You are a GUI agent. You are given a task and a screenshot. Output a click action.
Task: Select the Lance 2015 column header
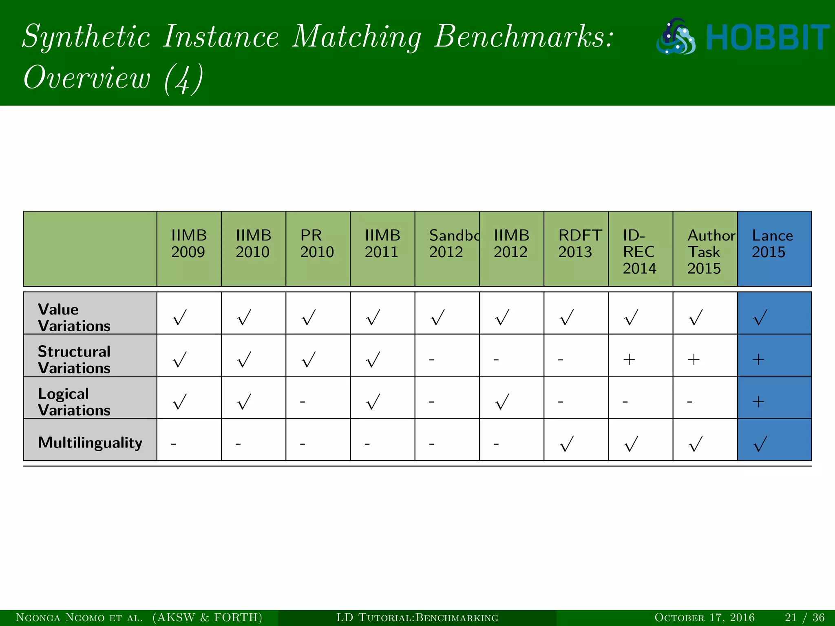tap(772, 244)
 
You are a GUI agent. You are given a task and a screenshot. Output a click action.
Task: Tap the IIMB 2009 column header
tap(189, 244)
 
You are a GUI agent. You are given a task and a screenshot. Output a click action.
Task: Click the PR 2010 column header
tap(317, 244)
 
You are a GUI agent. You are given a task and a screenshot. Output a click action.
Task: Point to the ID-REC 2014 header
tap(639, 251)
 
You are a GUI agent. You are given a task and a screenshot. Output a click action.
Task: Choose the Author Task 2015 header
tap(711, 251)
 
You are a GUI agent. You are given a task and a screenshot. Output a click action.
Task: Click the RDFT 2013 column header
tap(579, 244)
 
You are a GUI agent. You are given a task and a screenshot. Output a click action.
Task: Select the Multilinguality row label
tap(90, 442)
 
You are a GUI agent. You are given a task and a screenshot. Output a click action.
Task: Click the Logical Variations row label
tap(74, 401)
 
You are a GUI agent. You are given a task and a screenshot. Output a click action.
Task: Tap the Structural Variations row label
tap(74, 359)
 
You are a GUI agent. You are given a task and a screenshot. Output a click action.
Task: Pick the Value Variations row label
tap(74, 317)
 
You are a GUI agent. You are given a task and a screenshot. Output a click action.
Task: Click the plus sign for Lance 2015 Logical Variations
tap(758, 402)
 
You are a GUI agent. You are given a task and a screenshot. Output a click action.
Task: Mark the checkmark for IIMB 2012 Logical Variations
tap(502, 401)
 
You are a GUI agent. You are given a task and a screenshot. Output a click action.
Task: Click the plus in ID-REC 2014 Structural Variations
tap(629, 359)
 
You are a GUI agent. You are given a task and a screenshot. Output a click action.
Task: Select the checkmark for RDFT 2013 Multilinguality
tap(567, 444)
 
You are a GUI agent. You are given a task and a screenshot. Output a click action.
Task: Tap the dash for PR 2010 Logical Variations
tap(303, 402)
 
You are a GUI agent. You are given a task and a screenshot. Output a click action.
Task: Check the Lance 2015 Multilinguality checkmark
tap(760, 444)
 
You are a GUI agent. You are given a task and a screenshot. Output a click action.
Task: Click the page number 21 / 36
tap(804, 617)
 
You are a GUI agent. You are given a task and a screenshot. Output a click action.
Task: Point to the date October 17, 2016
tap(704, 617)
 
